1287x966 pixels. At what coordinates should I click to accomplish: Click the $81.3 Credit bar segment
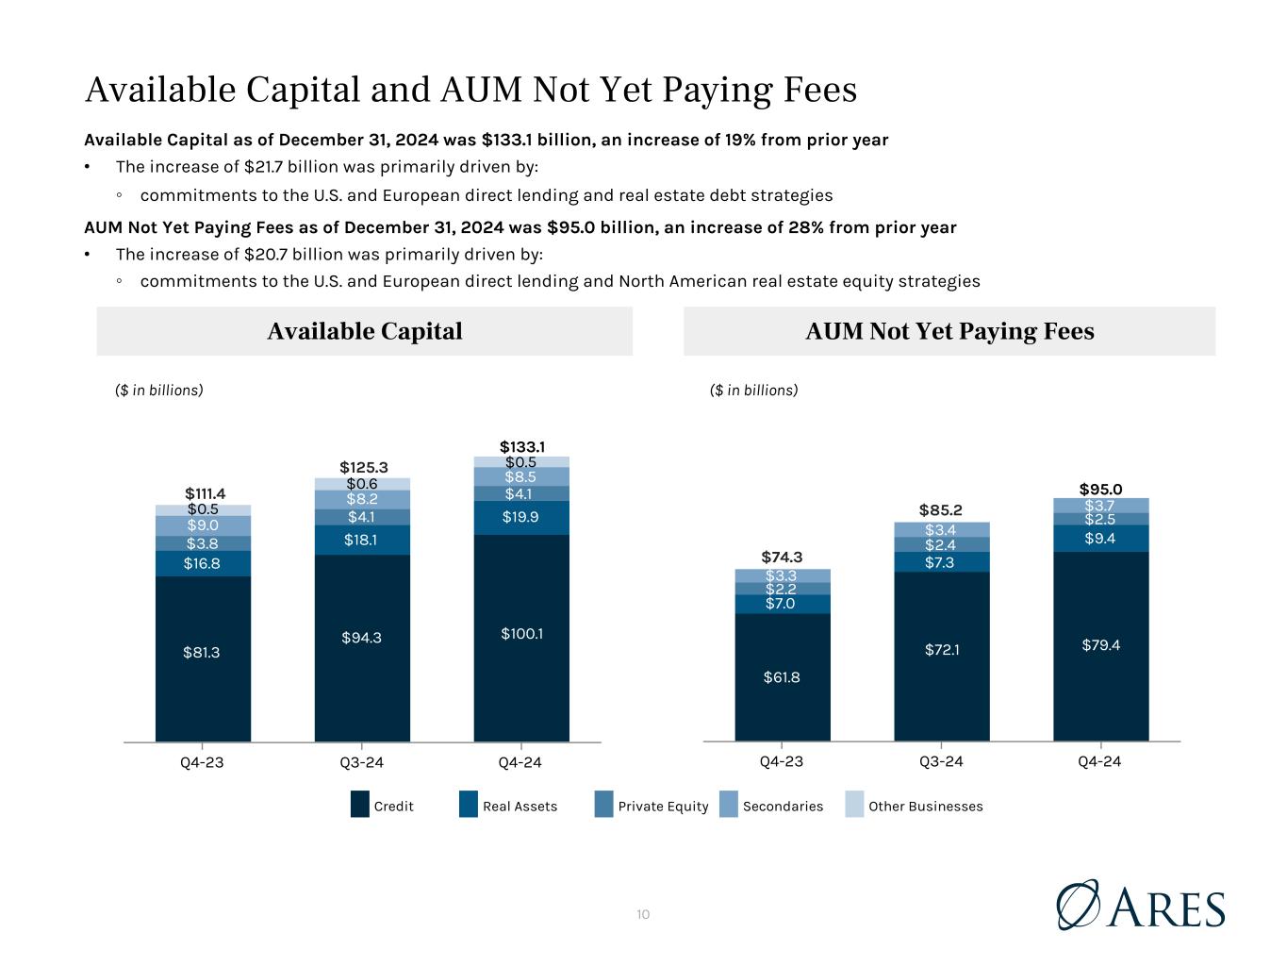coord(203,652)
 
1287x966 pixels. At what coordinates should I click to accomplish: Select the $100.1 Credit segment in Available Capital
coord(521,634)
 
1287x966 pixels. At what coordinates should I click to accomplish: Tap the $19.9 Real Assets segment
coord(521,516)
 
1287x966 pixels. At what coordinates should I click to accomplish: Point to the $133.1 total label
coord(521,446)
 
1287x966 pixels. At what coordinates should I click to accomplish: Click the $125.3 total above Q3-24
coord(362,467)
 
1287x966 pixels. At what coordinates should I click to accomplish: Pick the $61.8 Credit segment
coord(782,676)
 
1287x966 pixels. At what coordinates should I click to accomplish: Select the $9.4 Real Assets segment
coord(1100,538)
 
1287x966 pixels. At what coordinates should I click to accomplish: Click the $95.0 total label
coord(1100,489)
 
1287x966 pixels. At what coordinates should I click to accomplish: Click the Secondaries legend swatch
coord(728,806)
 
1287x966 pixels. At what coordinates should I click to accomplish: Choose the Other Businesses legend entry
coord(925,807)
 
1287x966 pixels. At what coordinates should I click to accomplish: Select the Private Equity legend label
coord(663,807)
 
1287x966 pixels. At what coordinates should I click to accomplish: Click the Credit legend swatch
coord(359,806)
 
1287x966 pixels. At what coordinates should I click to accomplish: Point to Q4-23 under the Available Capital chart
coord(202,762)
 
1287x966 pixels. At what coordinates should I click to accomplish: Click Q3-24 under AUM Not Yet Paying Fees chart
coord(941,762)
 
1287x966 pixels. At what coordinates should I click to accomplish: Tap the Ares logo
coord(1141,905)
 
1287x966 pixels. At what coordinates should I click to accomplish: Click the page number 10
coord(643,914)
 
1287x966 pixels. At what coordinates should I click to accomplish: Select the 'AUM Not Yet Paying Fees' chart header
coord(949,331)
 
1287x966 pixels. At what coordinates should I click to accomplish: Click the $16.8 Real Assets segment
coord(203,563)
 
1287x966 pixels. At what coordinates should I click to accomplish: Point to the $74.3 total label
coord(782,556)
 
